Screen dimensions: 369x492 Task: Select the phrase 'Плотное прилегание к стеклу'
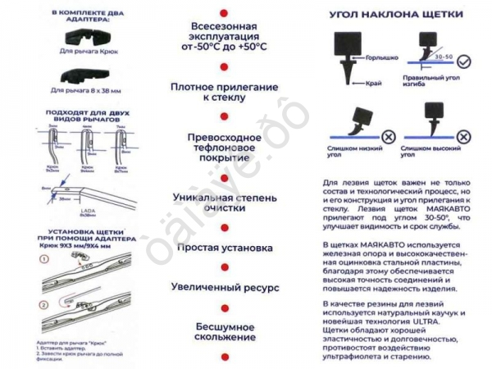click(223, 91)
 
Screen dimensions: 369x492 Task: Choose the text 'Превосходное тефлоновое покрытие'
click(223, 145)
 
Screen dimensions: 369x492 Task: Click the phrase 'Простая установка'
click(223, 247)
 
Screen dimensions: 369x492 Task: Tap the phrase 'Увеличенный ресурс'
click(223, 288)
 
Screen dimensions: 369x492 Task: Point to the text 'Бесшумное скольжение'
click(223, 330)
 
